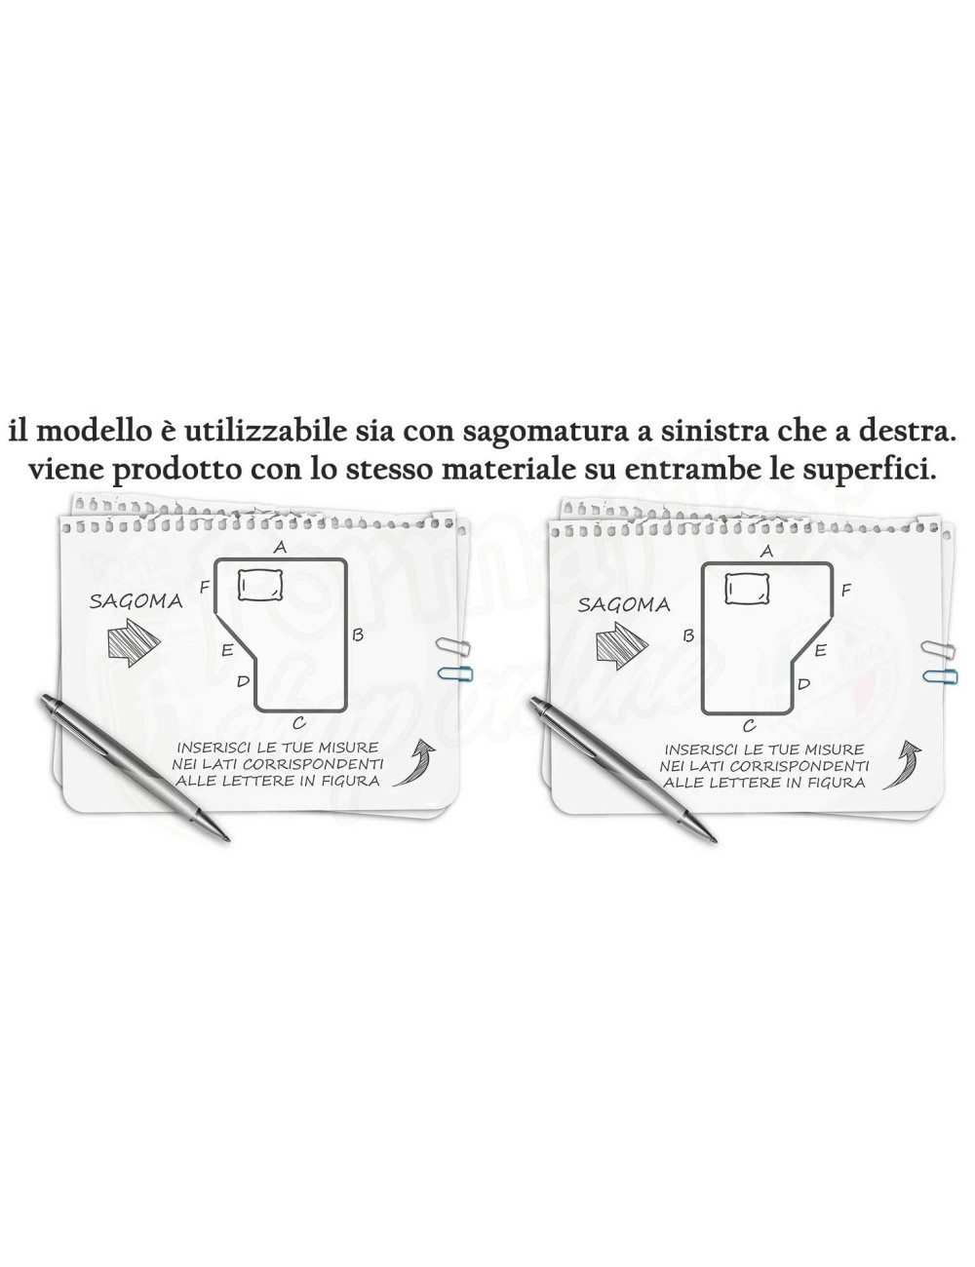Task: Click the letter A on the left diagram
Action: pyautogui.click(x=280, y=547)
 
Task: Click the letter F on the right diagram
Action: pyautogui.click(x=845, y=590)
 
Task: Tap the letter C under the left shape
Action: pyautogui.click(x=298, y=722)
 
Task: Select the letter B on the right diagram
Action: pyautogui.click(x=688, y=634)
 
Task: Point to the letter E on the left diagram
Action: pyautogui.click(x=226, y=650)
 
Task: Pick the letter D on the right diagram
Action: pyautogui.click(x=803, y=683)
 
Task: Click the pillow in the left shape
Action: pyautogui.click(x=260, y=585)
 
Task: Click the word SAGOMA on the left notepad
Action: pyautogui.click(x=136, y=600)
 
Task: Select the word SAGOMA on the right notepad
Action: pyautogui.click(x=624, y=604)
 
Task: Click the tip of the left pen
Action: pyautogui.click(x=227, y=838)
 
